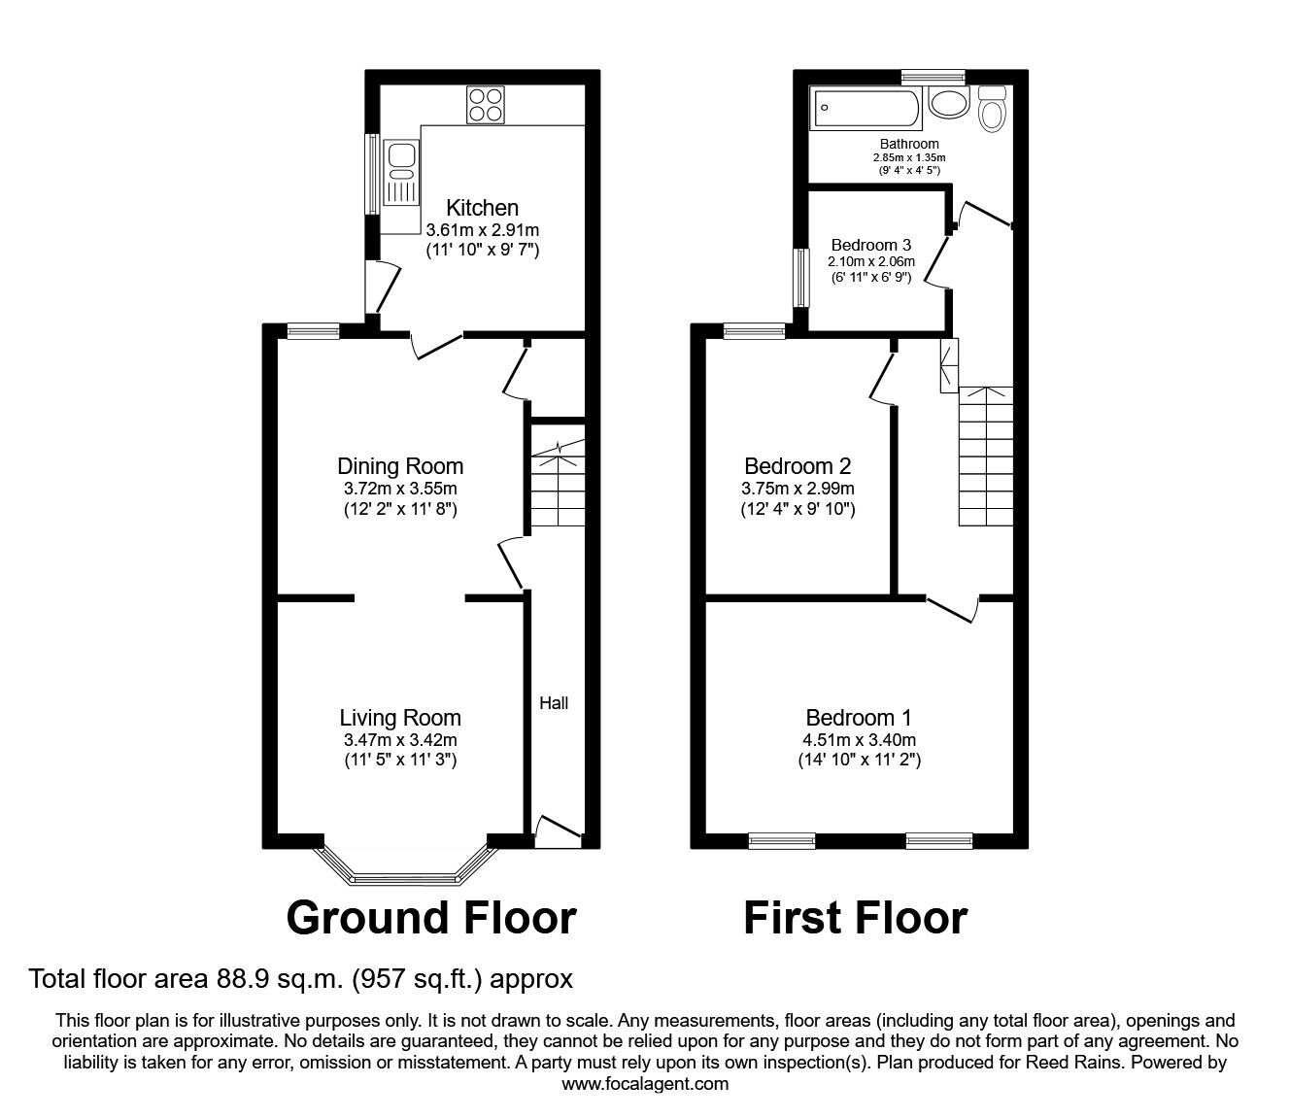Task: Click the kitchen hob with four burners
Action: point(486,105)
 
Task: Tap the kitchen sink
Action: point(400,172)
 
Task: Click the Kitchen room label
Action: point(482,207)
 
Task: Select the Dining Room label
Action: point(400,466)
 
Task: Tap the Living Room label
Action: point(400,718)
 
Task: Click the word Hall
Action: point(554,702)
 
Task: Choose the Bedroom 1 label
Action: point(859,718)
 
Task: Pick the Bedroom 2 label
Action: point(798,466)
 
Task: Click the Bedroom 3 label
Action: point(871,245)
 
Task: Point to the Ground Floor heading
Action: point(431,917)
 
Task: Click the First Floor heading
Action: point(855,917)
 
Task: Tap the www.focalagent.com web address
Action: point(645,1084)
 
